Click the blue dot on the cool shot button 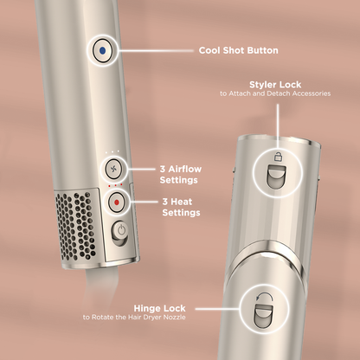(x=102, y=51)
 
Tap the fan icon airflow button (x=113, y=169)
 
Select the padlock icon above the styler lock (x=278, y=157)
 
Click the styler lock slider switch (x=277, y=177)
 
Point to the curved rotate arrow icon (x=265, y=299)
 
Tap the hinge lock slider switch (x=264, y=317)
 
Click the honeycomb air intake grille (x=75, y=226)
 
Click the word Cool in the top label (x=209, y=50)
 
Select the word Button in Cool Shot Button (x=263, y=50)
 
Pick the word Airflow (x=185, y=169)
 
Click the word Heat (x=181, y=202)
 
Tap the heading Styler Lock (x=275, y=85)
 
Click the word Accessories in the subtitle (x=311, y=93)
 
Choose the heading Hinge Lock (x=159, y=308)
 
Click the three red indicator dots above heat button (x=115, y=185)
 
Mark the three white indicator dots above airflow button (x=112, y=151)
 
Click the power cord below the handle (x=97, y=288)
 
